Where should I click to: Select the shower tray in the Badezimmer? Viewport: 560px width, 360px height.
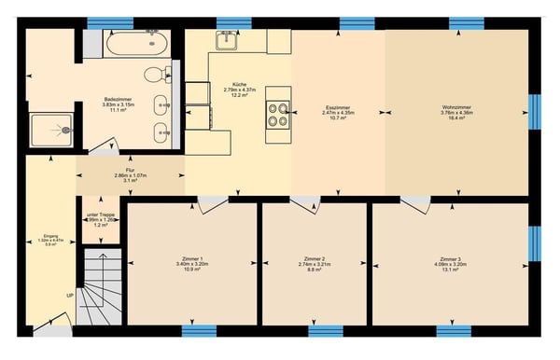(42, 135)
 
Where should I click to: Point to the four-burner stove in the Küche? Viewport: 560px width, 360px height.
(277, 114)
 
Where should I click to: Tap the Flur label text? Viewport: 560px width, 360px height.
(132, 175)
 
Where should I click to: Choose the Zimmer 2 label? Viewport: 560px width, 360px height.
(315, 264)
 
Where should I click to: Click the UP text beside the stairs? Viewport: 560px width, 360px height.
(69, 296)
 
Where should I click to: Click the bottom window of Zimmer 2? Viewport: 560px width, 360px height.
(326, 329)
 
